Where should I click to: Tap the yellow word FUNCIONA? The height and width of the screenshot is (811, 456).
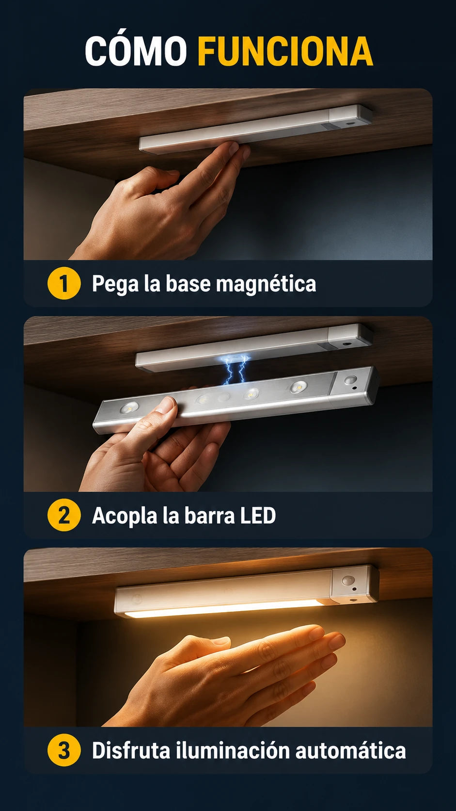285,51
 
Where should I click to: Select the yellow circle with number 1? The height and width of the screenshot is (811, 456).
63,283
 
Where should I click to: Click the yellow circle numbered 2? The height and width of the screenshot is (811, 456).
63,515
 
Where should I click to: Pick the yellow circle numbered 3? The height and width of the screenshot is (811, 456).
63,750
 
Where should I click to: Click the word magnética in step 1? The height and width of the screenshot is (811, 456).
266,283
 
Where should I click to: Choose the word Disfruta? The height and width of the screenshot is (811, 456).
131,750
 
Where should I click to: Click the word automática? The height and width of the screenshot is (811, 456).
350,751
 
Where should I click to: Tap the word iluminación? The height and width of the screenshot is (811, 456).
233,750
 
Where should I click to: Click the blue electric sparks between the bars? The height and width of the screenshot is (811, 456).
235,369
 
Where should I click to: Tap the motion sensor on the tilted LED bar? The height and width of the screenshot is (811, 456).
350,380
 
